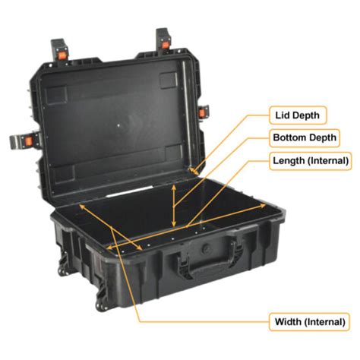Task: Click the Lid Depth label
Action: pyautogui.click(x=297, y=115)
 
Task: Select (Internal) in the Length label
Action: pyautogui.click(x=328, y=161)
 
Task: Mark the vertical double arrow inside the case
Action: pyautogui.click(x=175, y=204)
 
